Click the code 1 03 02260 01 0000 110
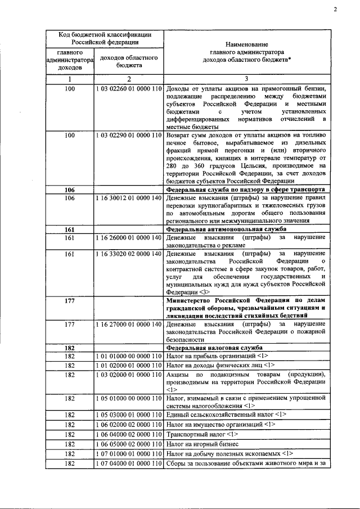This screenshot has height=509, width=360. tap(129, 89)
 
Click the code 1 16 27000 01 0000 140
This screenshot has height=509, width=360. tap(129, 325)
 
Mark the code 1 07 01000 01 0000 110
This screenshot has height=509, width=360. tap(129, 453)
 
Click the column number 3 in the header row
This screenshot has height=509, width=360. tap(246, 79)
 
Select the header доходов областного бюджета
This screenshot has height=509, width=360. tap(129, 61)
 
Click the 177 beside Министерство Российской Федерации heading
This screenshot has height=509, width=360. tap(70, 301)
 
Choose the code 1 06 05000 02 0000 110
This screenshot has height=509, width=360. tap(129, 444)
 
